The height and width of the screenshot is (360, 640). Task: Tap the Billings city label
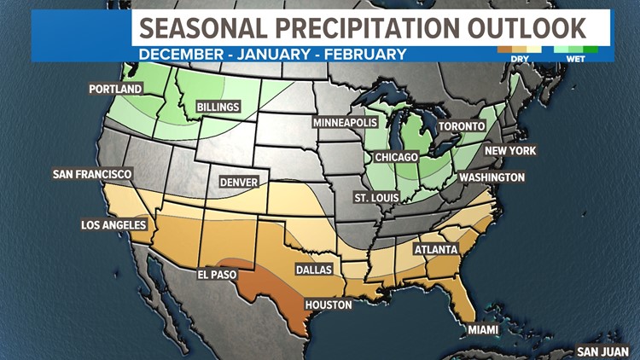[218, 107]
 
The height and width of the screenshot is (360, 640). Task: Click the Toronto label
[462, 126]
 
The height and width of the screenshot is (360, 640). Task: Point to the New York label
[509, 151]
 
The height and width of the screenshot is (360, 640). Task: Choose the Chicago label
[396, 158]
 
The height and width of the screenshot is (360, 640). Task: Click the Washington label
[491, 177]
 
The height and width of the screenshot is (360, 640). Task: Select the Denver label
[240, 183]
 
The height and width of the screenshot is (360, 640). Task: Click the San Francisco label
[92, 175]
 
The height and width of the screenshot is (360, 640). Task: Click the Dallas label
[312, 269]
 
